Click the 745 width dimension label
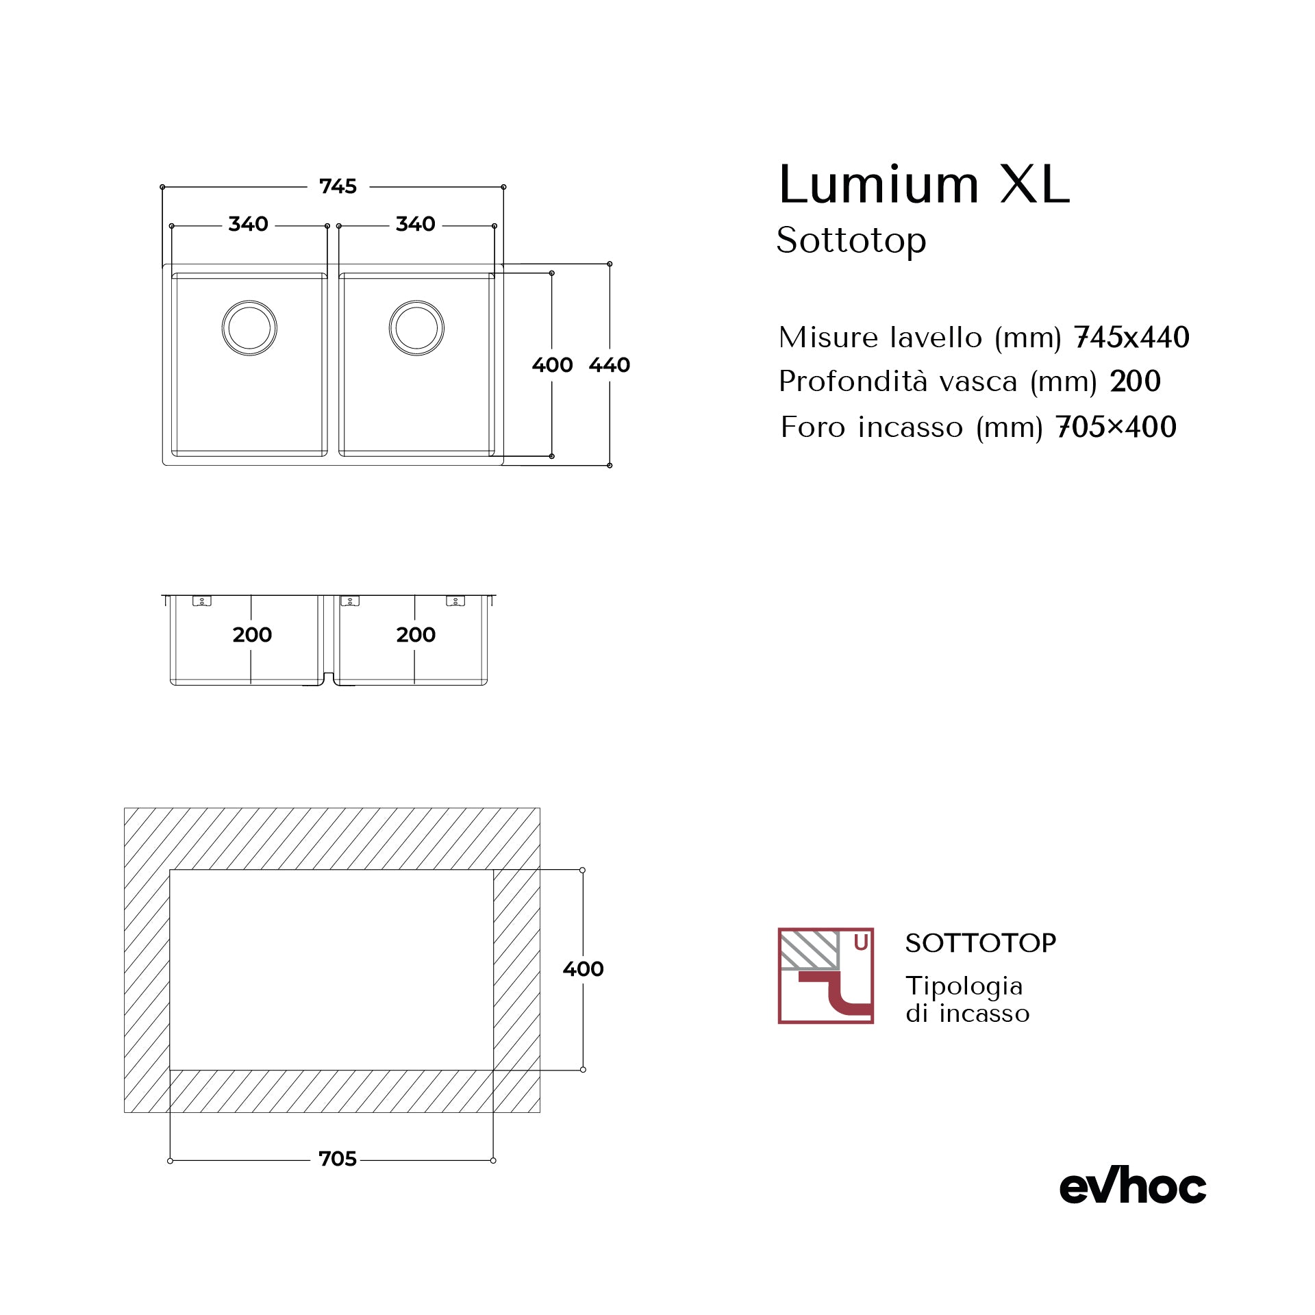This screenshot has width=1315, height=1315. [338, 186]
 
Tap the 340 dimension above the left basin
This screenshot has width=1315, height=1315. [248, 224]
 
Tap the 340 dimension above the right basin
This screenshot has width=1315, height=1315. [415, 224]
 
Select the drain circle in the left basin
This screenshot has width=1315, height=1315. [249, 328]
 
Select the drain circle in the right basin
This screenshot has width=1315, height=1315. [416, 328]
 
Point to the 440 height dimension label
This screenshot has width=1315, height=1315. [609, 365]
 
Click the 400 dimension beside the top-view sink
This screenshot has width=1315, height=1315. [552, 365]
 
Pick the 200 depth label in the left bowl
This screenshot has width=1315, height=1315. [252, 635]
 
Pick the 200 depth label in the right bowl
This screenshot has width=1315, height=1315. [416, 635]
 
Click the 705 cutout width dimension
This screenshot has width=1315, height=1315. [338, 1159]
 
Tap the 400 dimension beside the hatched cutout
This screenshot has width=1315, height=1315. [583, 969]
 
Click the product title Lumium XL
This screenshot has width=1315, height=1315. [924, 185]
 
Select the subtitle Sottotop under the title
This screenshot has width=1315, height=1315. [851, 240]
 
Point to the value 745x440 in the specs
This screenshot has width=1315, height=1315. [1131, 338]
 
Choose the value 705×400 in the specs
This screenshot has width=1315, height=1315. [1116, 427]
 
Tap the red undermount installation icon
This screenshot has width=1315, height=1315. [825, 976]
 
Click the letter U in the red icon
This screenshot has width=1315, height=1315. [861, 943]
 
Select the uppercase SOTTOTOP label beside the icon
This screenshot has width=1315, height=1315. [980, 944]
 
